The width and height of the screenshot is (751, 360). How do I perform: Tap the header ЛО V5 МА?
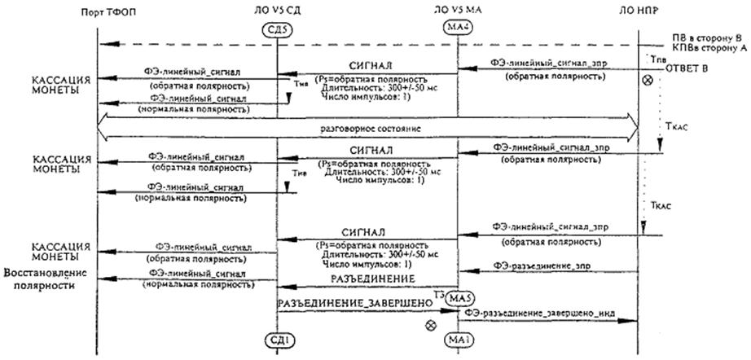coord(456,12)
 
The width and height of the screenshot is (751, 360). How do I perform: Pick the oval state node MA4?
coord(456,31)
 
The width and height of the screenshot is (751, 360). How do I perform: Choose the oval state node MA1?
coord(456,338)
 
